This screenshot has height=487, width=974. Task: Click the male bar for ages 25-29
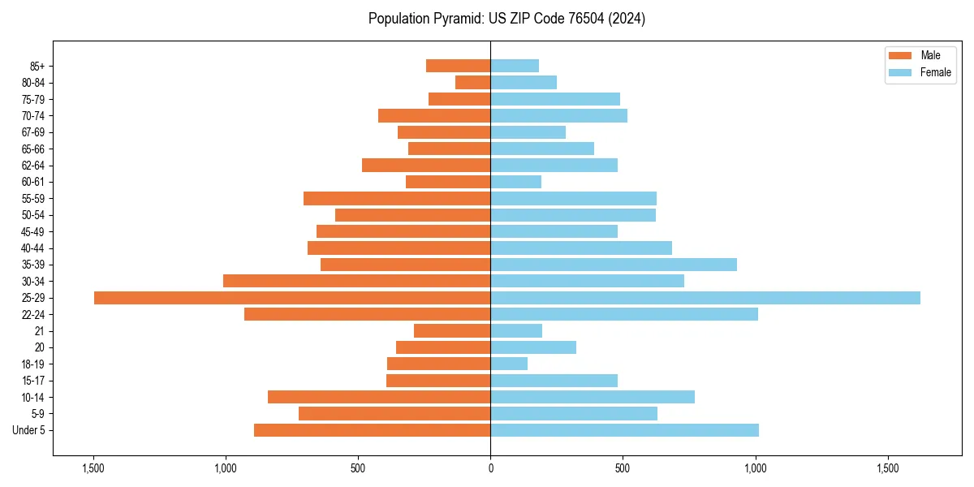click(292, 298)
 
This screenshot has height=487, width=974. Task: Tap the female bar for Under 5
click(624, 430)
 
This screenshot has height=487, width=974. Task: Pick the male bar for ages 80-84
click(472, 82)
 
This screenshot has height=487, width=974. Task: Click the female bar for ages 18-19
click(509, 364)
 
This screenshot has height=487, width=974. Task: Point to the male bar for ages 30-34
click(356, 281)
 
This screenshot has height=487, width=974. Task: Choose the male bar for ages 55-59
click(397, 198)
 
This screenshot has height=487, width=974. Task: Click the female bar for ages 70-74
click(558, 115)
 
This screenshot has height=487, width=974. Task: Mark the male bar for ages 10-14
click(379, 397)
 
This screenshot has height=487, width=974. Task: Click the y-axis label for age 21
click(39, 331)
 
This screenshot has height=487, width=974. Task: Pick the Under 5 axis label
click(28, 430)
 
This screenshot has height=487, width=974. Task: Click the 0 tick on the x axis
click(490, 468)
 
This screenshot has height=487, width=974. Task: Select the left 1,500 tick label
click(93, 468)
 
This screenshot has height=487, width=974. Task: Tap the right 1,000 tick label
click(755, 468)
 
